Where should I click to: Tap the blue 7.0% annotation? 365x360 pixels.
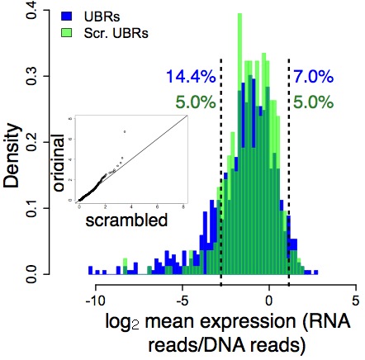click(x=314, y=78)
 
